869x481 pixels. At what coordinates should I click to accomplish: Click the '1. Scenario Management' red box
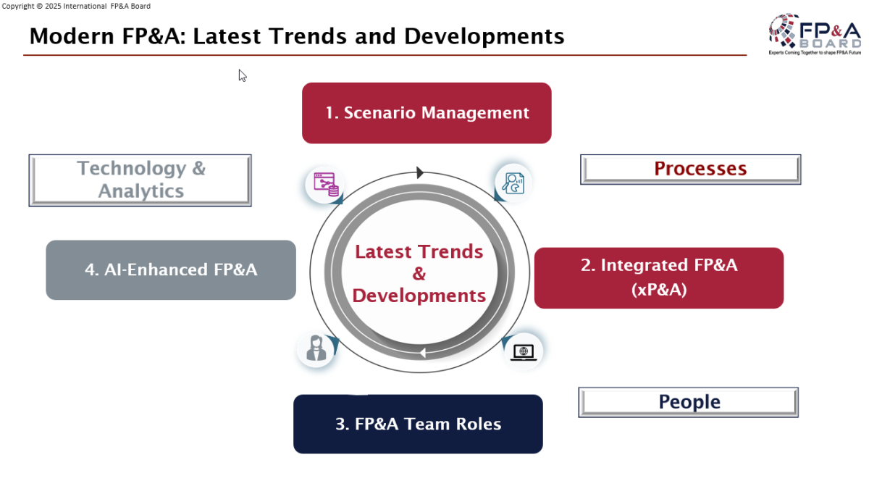pyautogui.click(x=427, y=113)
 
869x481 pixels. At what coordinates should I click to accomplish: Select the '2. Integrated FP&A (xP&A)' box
pyautogui.click(x=659, y=278)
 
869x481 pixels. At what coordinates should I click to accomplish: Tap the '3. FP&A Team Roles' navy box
pyautogui.click(x=418, y=424)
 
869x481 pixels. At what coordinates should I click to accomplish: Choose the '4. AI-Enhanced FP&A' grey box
pyautogui.click(x=171, y=269)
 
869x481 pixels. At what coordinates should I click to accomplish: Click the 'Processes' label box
pyautogui.click(x=691, y=170)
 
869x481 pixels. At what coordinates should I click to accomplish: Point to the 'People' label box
pyautogui.click(x=688, y=402)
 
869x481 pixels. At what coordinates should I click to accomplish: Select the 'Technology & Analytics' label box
pyautogui.click(x=140, y=180)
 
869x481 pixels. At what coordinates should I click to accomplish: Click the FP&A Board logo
pyautogui.click(x=814, y=34)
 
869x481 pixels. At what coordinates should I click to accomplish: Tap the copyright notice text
pyautogui.click(x=76, y=7)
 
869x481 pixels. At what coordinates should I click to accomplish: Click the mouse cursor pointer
pyautogui.click(x=243, y=76)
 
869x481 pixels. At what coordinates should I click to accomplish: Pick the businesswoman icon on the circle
pyautogui.click(x=316, y=348)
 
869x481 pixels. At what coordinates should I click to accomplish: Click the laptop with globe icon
pyautogui.click(x=524, y=352)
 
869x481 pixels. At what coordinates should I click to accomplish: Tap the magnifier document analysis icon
pyautogui.click(x=513, y=183)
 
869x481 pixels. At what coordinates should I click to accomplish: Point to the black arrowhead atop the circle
pyautogui.click(x=420, y=172)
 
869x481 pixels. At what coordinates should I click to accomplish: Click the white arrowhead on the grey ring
pyautogui.click(x=423, y=353)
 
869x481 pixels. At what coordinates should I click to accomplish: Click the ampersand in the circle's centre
pyautogui.click(x=419, y=273)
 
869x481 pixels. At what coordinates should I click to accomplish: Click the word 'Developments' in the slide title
pyautogui.click(x=484, y=36)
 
